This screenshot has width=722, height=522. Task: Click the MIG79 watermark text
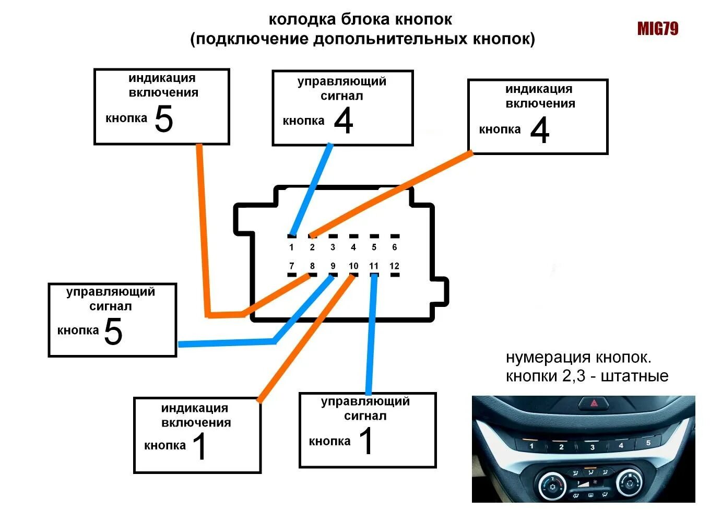(657, 29)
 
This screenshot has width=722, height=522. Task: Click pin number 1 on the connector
(291, 247)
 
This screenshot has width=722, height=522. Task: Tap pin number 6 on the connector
(394, 247)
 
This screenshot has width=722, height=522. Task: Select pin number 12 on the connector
(394, 266)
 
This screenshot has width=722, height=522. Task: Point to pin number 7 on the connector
(291, 266)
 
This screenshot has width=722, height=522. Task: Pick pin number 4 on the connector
(353, 247)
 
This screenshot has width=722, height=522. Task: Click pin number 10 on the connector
(353, 266)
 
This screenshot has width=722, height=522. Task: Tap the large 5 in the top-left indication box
(164, 119)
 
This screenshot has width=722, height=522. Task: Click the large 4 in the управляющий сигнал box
(344, 121)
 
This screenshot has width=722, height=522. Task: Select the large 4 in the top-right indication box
(540, 130)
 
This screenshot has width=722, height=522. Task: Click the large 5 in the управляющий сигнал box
(113, 331)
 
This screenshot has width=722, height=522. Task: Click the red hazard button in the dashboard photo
(594, 403)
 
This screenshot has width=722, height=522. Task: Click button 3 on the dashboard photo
(592, 447)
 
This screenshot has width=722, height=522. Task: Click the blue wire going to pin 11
(371, 334)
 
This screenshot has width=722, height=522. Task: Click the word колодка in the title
(302, 20)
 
